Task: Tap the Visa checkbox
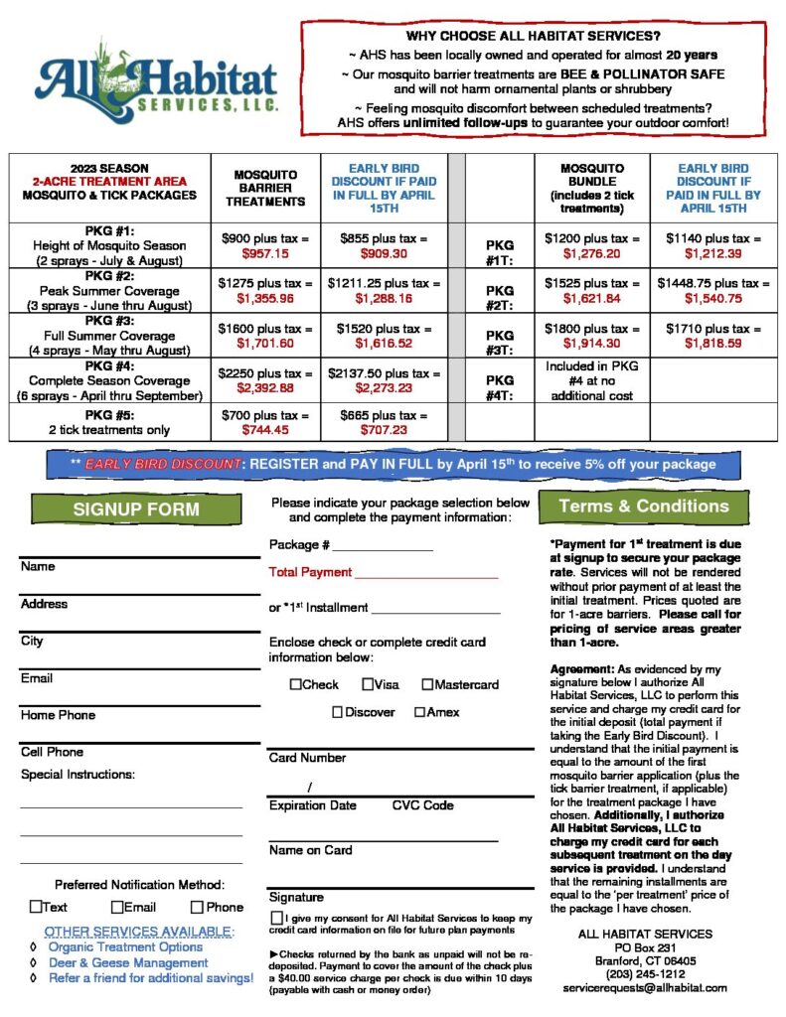coord(368,684)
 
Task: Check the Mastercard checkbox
coord(427,684)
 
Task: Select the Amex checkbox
coord(420,712)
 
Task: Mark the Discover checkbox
coord(338,712)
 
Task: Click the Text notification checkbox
coord(36,907)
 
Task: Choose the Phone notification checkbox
coord(197,907)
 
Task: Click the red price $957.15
coord(263,255)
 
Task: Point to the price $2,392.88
coord(263,388)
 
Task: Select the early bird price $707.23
coord(384,430)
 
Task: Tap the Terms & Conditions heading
coord(643,506)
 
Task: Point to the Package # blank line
coord(383,547)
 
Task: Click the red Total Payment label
coord(310,572)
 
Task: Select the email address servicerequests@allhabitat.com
coord(644,988)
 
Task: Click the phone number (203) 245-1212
coord(644,974)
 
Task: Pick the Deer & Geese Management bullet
coord(128,962)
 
